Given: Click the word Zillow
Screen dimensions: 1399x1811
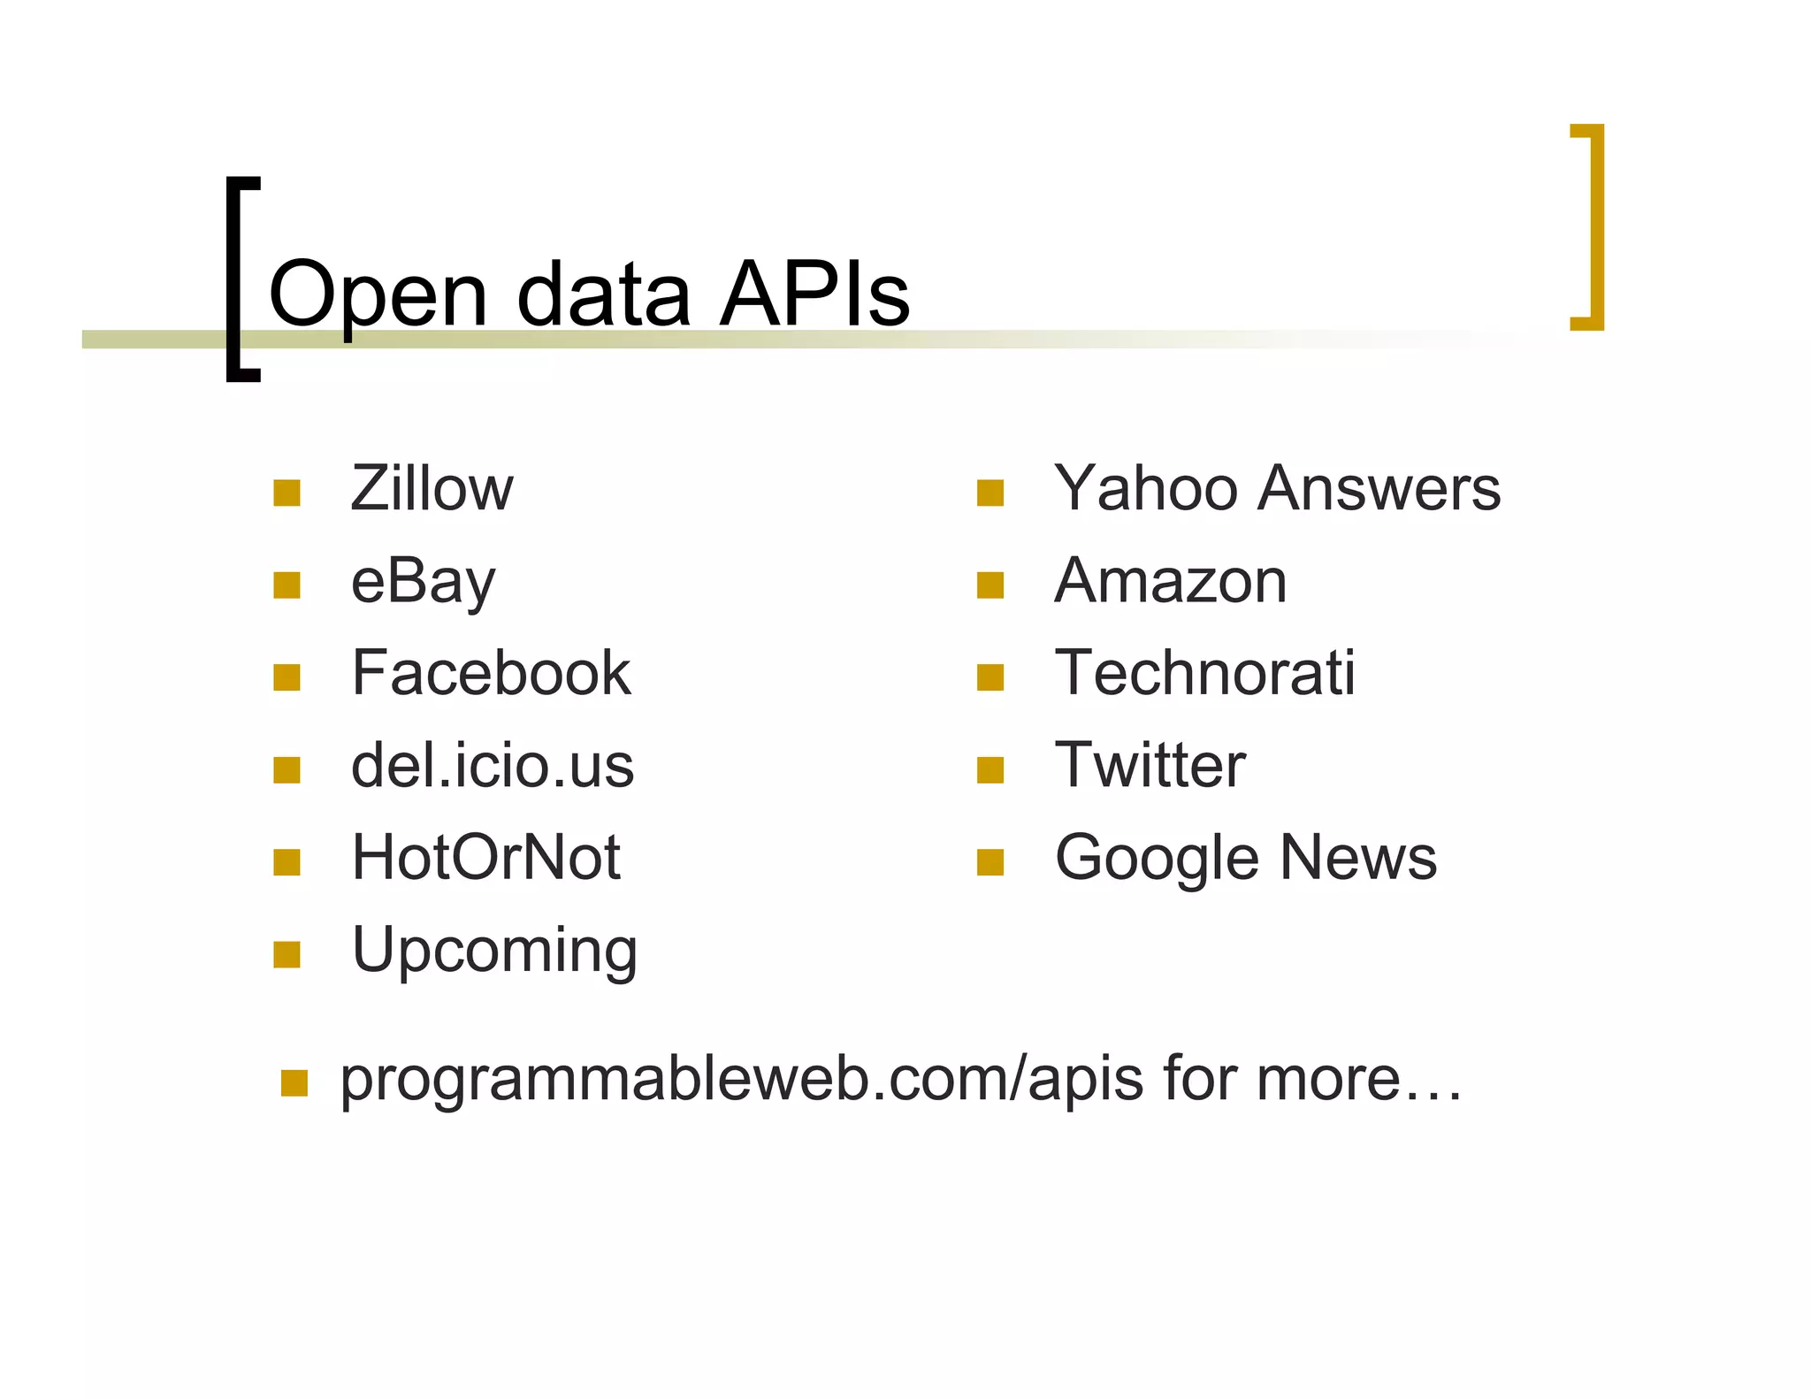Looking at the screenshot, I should click(x=432, y=488).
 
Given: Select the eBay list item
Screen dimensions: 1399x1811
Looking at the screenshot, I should click(x=423, y=583).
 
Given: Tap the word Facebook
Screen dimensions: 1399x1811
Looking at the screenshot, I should click(x=491, y=673).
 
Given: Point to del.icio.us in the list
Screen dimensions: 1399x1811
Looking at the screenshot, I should click(x=493, y=766).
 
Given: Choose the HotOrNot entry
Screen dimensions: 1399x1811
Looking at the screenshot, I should click(x=485, y=858).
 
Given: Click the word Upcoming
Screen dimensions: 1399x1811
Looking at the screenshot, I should click(x=494, y=951).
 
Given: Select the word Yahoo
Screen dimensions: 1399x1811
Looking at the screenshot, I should click(x=1146, y=488).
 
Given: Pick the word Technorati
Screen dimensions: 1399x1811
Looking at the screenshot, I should click(x=1204, y=673).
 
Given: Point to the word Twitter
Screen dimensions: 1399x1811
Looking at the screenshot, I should click(x=1150, y=766).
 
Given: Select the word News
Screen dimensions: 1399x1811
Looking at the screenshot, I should click(x=1358, y=858).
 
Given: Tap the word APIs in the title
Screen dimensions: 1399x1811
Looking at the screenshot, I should click(x=814, y=294).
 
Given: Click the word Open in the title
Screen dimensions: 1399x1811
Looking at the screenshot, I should click(x=378, y=295).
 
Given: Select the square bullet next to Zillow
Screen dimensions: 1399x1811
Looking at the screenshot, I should click(x=287, y=493).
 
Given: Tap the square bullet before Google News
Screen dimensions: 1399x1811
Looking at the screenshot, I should click(x=990, y=862).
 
